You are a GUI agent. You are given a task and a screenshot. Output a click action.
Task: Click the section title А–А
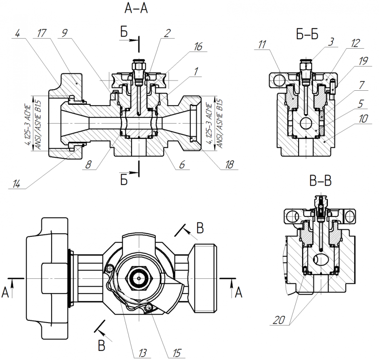click(136, 8)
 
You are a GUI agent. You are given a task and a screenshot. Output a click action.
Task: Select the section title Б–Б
click(307, 34)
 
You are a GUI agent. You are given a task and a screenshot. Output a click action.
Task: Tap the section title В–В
click(320, 181)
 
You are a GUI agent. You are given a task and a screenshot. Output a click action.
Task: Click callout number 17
click(42, 33)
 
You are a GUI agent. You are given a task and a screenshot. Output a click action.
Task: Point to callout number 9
click(65, 33)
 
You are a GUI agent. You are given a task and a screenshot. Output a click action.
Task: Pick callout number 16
click(198, 47)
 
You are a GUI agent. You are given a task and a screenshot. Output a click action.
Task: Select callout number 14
click(16, 184)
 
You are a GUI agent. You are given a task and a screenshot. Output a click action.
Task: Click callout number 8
click(88, 165)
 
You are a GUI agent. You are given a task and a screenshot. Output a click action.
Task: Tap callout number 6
click(182, 165)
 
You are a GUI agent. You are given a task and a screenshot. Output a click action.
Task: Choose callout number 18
click(229, 165)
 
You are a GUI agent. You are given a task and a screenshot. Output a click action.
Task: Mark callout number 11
click(262, 45)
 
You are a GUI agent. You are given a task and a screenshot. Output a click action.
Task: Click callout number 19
click(363, 61)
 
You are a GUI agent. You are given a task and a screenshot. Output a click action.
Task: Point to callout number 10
click(363, 119)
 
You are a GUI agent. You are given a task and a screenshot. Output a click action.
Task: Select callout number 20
click(279, 320)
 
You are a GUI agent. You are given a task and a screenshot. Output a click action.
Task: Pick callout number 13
click(142, 353)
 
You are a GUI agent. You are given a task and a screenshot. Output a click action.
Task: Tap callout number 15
click(177, 353)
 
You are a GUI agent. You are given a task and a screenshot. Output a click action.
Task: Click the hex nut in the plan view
click(139, 278)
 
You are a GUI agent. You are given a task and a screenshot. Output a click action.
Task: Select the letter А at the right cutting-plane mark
click(239, 293)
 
